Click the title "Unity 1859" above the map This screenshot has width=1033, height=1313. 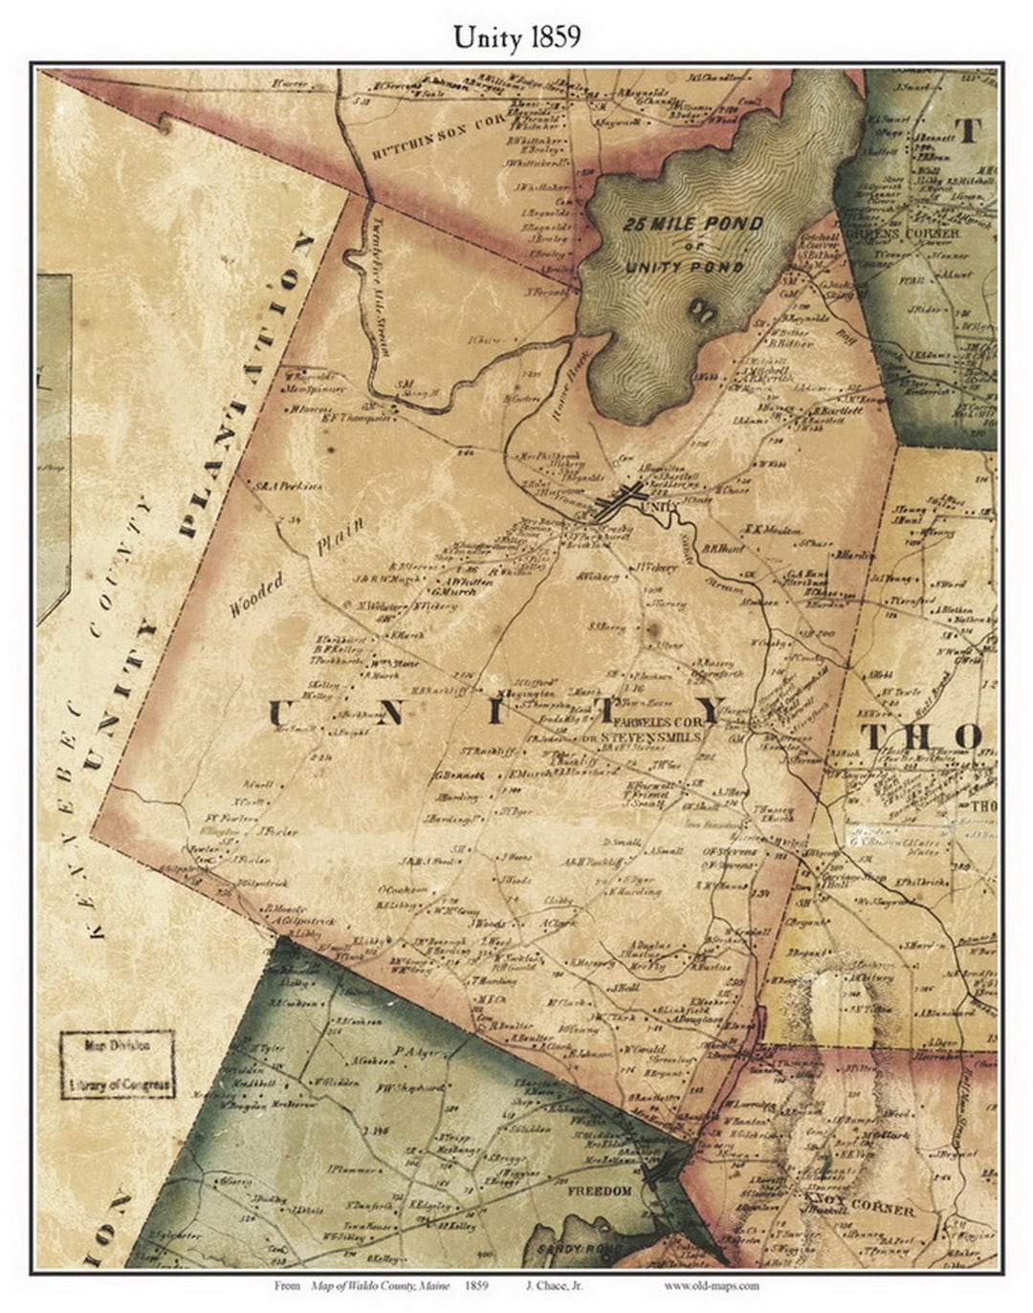point(516,36)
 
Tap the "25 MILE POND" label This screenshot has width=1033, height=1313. point(692,225)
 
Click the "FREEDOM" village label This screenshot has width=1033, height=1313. point(600,1191)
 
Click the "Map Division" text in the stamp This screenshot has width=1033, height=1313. point(118,1046)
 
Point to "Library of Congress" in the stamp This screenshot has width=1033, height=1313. point(119,1085)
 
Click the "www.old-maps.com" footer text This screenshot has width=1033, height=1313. point(712,1286)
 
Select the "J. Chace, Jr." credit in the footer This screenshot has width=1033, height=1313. point(554,1286)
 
